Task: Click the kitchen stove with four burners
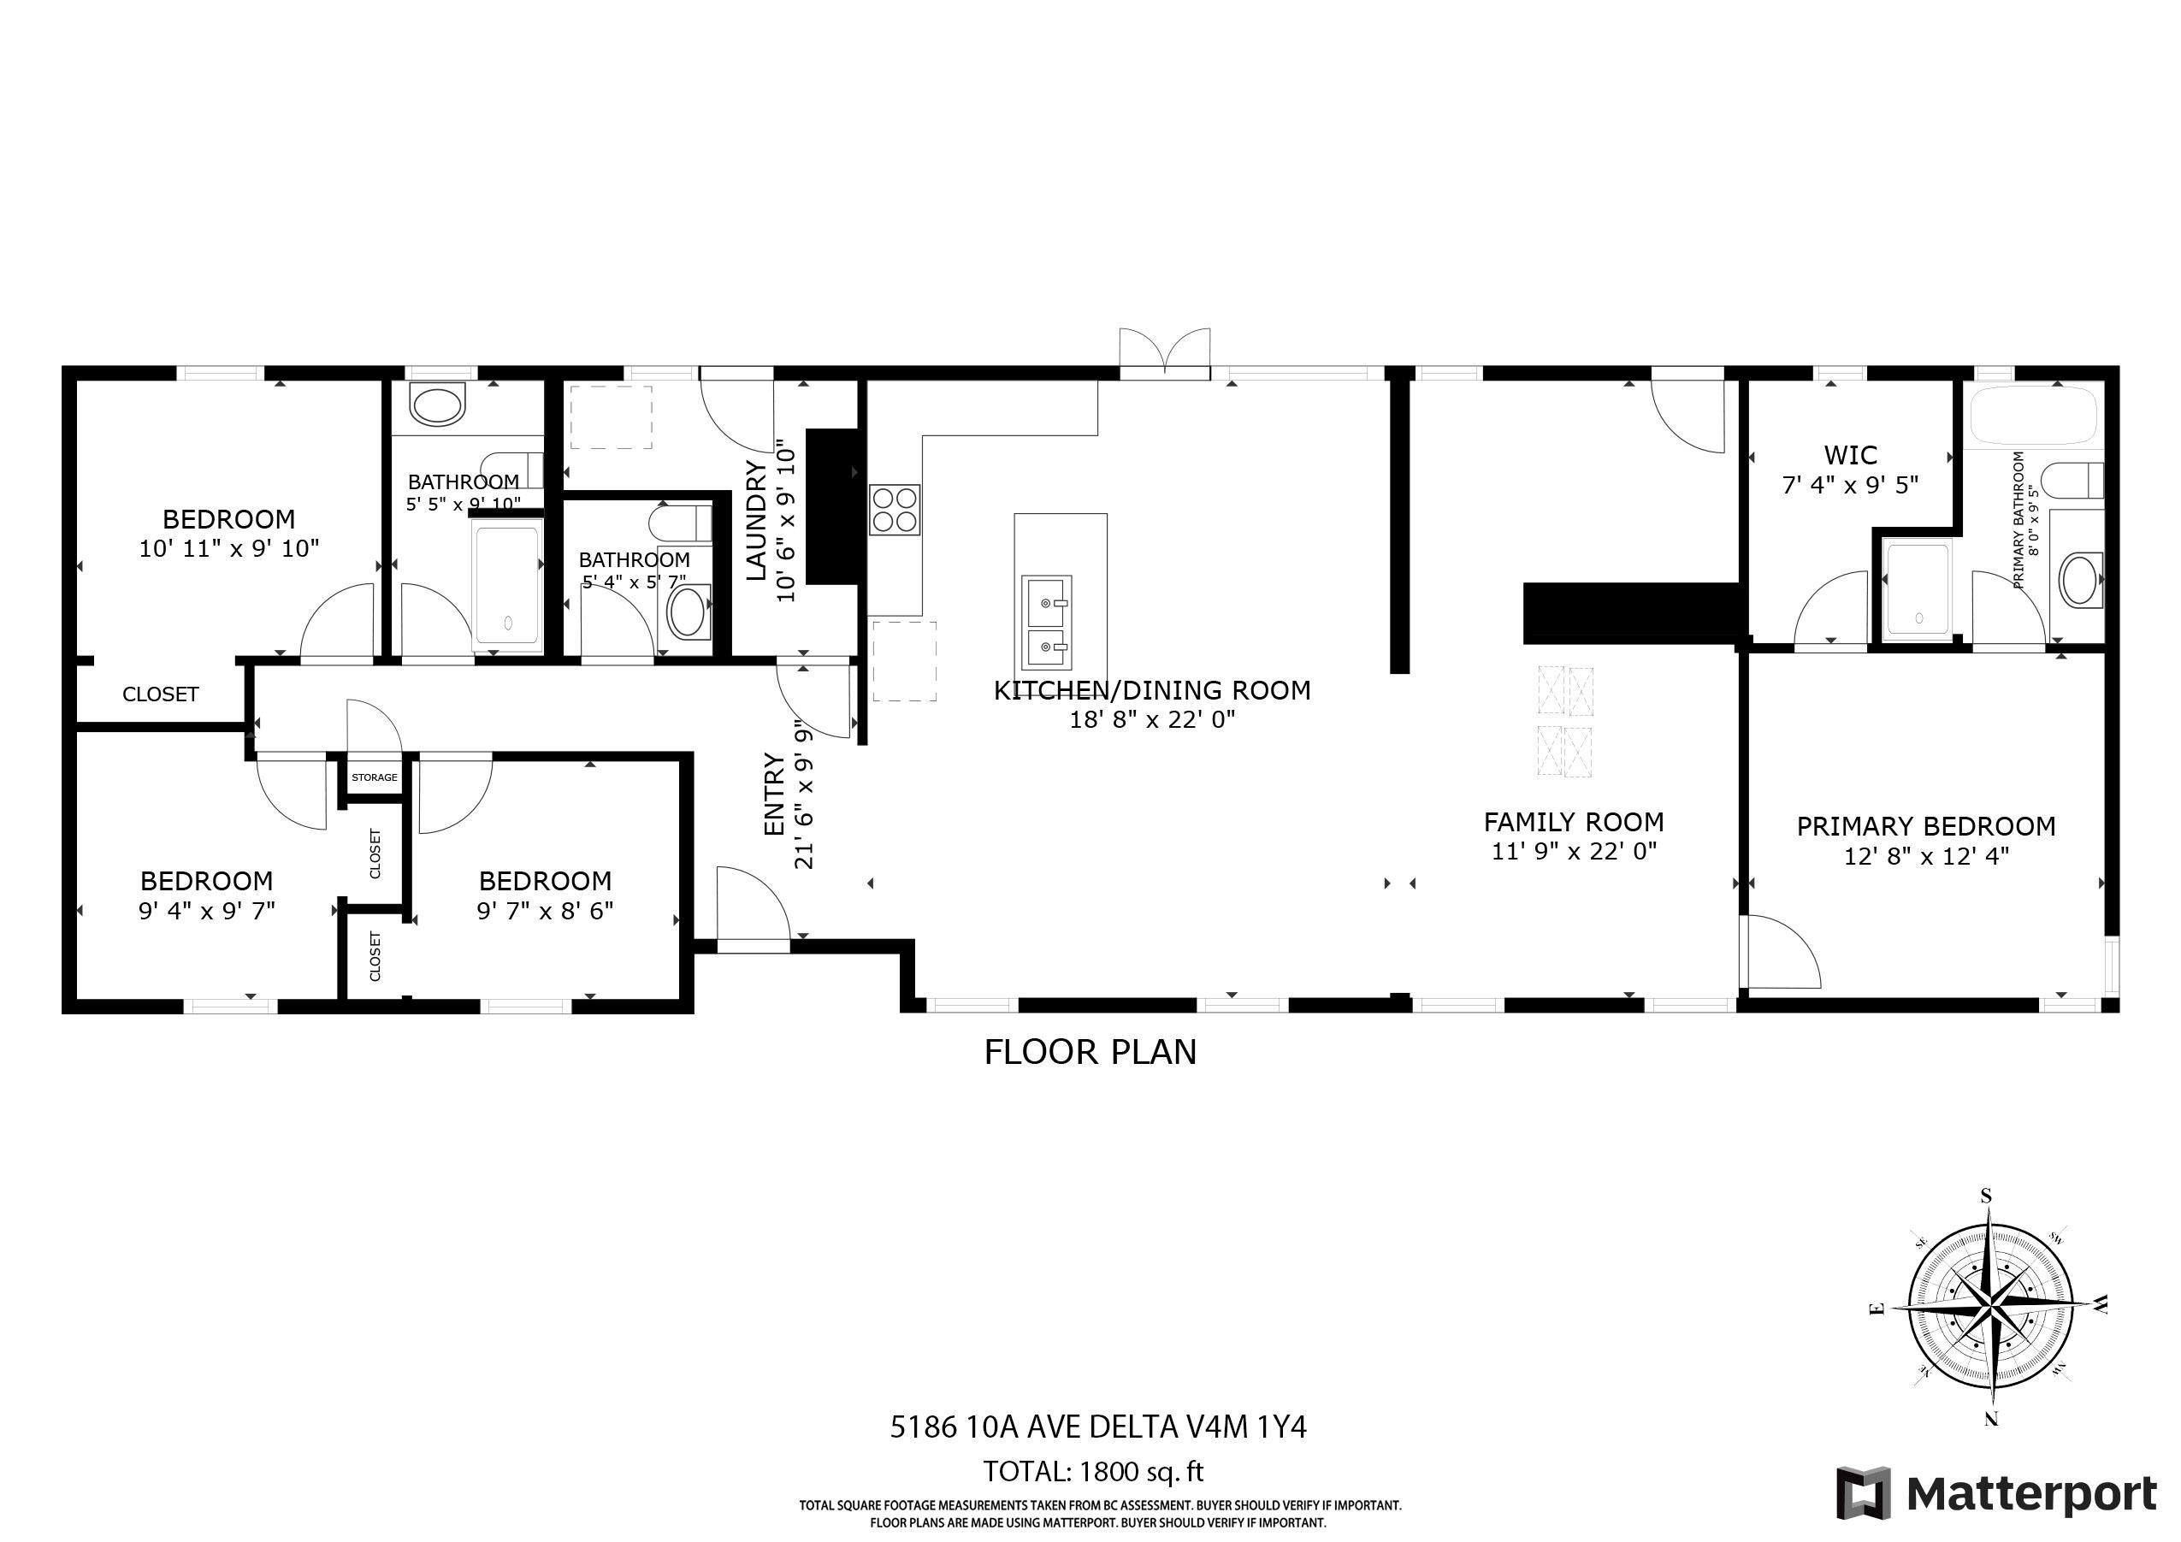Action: pyautogui.click(x=894, y=509)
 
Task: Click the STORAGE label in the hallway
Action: pyautogui.click(x=375, y=777)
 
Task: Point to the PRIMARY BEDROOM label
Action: pyautogui.click(x=1925, y=826)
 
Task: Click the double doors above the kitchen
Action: pyautogui.click(x=1165, y=354)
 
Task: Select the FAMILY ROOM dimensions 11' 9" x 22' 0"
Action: pyautogui.click(x=1573, y=851)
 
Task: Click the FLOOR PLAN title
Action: pyautogui.click(x=1090, y=1053)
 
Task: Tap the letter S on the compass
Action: pyautogui.click(x=1985, y=1196)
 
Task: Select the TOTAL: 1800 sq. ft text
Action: pyautogui.click(x=1092, y=1472)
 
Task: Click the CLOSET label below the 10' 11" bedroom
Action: pyautogui.click(x=161, y=694)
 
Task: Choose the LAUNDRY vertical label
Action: pyautogui.click(x=756, y=520)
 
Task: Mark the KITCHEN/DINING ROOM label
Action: pyautogui.click(x=1151, y=691)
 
